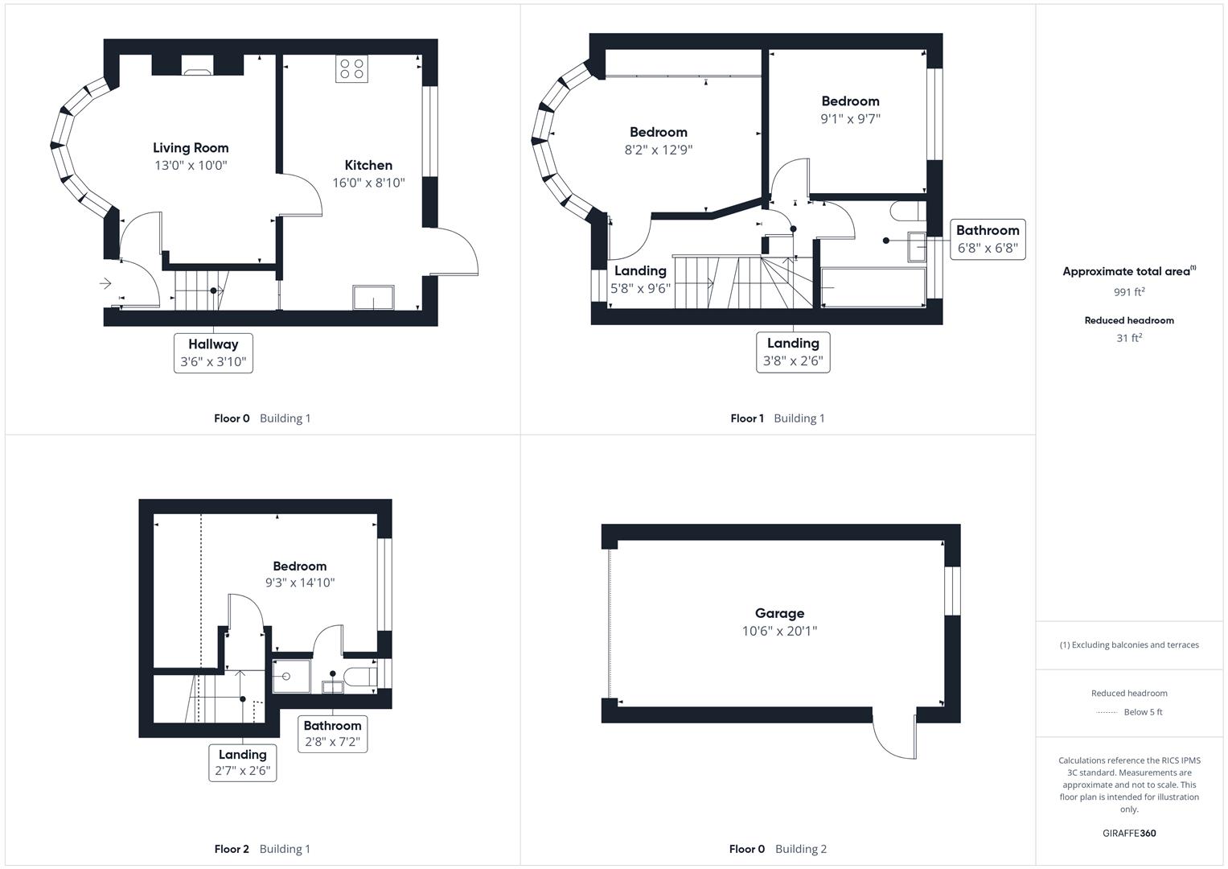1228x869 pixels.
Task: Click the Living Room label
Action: coord(191,148)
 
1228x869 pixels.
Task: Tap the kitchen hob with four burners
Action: coord(351,68)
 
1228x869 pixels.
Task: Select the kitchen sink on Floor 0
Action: coord(374,298)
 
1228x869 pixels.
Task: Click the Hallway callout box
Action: coord(213,353)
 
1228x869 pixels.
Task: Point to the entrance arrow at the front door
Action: coord(105,283)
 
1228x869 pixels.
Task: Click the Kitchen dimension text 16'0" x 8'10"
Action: coord(368,183)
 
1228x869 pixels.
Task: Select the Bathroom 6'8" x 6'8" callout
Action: coord(988,239)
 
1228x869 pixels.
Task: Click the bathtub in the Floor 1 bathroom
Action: coord(873,287)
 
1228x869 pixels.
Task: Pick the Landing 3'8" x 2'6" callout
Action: coord(793,352)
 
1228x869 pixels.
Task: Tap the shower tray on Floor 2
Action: coord(291,676)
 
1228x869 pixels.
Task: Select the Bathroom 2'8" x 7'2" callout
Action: coord(332,734)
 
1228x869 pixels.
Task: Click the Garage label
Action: coord(779,613)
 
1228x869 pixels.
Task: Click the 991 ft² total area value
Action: coord(1129,292)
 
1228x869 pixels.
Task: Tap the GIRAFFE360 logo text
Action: coord(1129,834)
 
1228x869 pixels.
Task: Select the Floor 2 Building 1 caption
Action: coord(262,849)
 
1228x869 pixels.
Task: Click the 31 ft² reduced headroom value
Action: coord(1129,338)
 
